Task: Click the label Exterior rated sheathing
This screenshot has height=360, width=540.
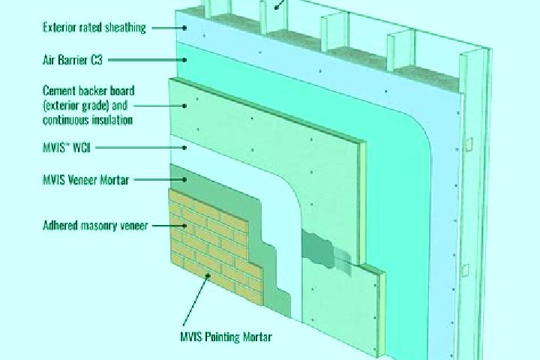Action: click(94, 28)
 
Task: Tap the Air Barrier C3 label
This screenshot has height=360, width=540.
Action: click(73, 60)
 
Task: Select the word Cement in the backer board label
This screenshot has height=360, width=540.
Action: click(59, 91)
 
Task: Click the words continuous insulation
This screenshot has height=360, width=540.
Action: click(88, 120)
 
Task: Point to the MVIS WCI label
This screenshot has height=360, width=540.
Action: click(67, 148)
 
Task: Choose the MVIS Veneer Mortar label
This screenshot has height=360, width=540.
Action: click(85, 179)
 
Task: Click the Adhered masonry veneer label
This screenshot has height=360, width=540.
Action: click(95, 225)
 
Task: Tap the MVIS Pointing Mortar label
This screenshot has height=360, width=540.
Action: click(226, 337)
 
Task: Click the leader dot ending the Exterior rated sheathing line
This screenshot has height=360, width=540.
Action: click(184, 28)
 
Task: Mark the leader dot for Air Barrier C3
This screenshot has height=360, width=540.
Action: click(184, 60)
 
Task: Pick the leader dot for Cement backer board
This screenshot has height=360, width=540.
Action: click(184, 106)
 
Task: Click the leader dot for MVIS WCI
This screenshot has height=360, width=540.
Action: click(184, 148)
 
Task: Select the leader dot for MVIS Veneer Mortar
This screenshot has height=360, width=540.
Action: click(184, 179)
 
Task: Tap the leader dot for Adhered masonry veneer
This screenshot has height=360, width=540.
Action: click(184, 226)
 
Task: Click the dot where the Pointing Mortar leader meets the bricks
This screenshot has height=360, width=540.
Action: click(208, 275)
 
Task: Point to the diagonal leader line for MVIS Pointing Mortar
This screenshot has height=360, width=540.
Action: click(196, 301)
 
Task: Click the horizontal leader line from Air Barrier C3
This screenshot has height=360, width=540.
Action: click(146, 60)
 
